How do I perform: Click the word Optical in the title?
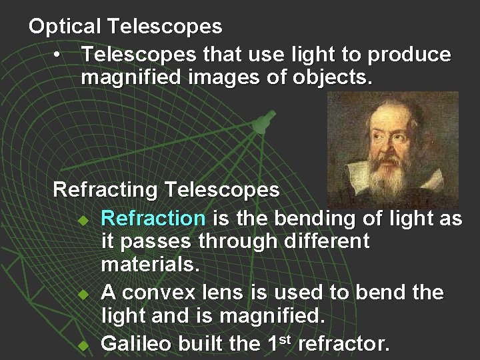pos(64,27)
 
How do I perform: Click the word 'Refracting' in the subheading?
pos(106,190)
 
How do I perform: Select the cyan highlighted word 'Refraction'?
pos(153,218)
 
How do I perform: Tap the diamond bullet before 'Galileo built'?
pos(83,345)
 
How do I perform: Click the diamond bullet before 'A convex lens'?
pos(83,294)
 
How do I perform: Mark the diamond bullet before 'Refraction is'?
pos(83,219)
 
